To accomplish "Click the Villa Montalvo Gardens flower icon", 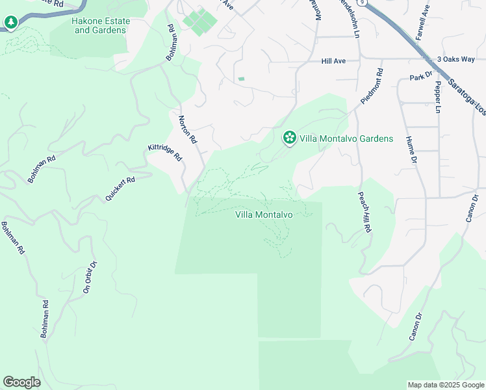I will [289, 138].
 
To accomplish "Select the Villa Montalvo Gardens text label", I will [346, 138].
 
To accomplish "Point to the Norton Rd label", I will [187, 129].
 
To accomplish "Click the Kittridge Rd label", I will [165, 153].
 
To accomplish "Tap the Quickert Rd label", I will [121, 188].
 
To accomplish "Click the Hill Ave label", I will [333, 61].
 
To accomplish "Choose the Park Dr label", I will [421, 77].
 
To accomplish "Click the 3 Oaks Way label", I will [456, 59].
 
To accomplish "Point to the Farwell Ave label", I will [422, 23].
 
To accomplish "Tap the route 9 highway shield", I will [366, 2].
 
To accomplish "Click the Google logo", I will [21, 382].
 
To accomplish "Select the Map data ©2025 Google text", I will [446, 385].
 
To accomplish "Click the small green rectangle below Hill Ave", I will [241, 79].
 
